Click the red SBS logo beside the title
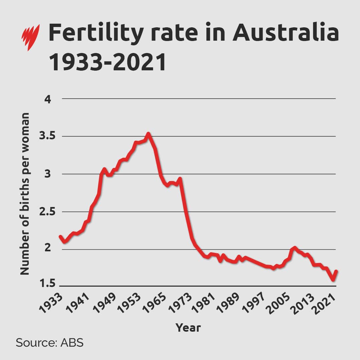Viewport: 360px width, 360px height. (x=31, y=37)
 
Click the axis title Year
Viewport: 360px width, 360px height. (x=188, y=327)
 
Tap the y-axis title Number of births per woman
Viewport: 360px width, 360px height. (x=25, y=193)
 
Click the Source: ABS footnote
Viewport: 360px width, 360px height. (x=49, y=343)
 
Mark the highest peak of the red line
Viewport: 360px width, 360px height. (x=148, y=134)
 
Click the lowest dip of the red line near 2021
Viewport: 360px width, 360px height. (x=333, y=280)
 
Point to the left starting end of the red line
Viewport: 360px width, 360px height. (x=60, y=236)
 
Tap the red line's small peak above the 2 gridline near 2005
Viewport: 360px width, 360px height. (x=294, y=248)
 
